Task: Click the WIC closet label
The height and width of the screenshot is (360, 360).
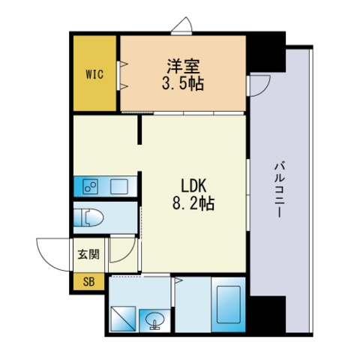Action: tap(94, 74)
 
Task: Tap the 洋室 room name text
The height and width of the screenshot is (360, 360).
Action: tap(183, 67)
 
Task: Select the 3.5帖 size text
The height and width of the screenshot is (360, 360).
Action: tap(183, 83)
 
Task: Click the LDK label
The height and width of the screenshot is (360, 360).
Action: tap(193, 185)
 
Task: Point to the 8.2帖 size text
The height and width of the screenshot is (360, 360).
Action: tap(193, 203)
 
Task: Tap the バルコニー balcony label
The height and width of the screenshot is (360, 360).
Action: tap(280, 190)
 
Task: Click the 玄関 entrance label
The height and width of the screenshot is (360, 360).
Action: tap(88, 254)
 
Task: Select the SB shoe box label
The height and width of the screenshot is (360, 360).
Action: tap(88, 282)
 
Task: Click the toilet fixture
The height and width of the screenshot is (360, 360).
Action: tap(88, 217)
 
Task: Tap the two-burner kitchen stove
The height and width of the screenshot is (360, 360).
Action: tap(90, 187)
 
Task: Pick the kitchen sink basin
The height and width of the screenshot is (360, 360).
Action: tap(119, 187)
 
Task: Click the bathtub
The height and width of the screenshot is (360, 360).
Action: tap(229, 304)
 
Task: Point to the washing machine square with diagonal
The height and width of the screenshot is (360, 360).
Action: tap(123, 319)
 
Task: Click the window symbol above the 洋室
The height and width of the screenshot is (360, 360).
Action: tap(181, 25)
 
